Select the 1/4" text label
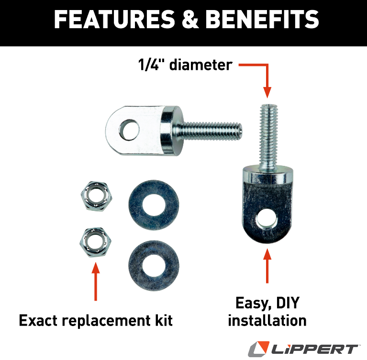coord(152,65)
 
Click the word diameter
coord(201,65)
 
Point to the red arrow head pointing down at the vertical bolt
coord(267,92)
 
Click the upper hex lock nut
coord(96,196)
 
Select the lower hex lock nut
coord(96,242)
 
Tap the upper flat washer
coord(154,205)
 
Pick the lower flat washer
coord(154,265)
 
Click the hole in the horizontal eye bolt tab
coord(129,130)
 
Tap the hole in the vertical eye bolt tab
coord(267,219)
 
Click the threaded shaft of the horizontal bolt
coord(208,131)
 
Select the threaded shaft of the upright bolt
coord(269,136)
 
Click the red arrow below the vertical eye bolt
coord(267,266)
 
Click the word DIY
coord(288,303)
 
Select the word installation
coord(267,320)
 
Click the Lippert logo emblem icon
coord(258,349)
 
